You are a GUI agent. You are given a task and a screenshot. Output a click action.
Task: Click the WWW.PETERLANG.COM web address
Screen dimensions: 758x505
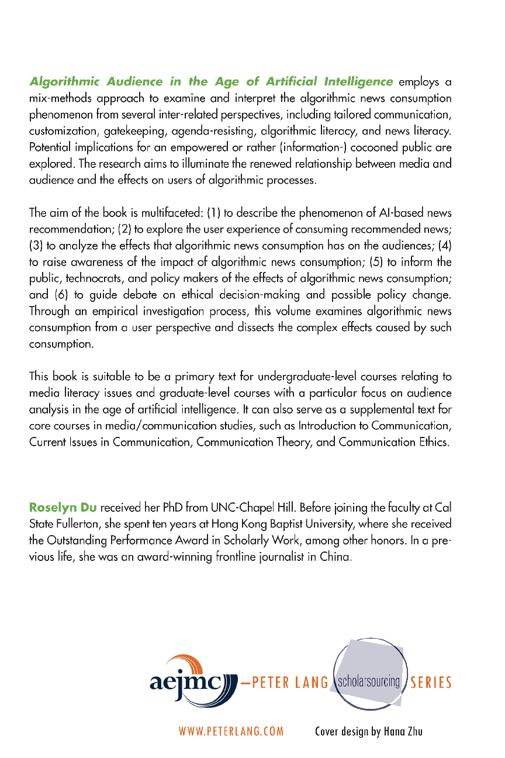point(231,731)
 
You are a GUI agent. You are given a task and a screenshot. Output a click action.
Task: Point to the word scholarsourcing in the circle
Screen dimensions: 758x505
point(367,681)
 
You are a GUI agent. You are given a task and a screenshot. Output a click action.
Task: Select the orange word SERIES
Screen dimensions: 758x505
point(431,682)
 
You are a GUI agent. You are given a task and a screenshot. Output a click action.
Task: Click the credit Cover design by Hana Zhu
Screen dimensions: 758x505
point(368,731)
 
